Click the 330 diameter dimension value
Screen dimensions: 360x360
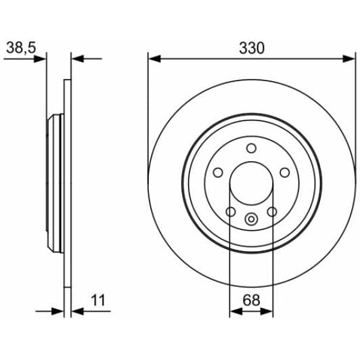point(252,48)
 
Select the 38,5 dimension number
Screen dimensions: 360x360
point(21,48)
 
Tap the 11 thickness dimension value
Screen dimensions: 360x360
point(98,300)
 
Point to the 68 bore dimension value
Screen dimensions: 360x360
point(252,300)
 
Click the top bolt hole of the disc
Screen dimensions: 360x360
point(252,148)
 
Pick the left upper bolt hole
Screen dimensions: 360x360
point(218,173)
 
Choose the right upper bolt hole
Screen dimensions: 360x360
point(285,173)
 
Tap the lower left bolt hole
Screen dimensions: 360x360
point(231,212)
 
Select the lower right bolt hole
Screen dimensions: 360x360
point(272,212)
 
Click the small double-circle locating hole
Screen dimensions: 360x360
point(251,219)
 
